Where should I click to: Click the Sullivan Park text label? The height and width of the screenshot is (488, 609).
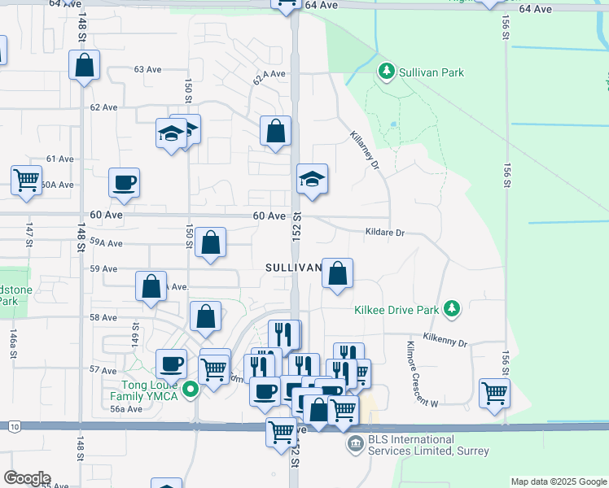coord(432,72)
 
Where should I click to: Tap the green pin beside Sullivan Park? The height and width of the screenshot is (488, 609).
coord(387,72)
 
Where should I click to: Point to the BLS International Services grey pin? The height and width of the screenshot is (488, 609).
coord(355,443)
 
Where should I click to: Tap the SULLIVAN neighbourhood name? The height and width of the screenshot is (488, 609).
coord(291,268)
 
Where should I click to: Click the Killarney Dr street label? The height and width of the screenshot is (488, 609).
coord(366,150)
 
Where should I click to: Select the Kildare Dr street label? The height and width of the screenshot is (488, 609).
coord(384,232)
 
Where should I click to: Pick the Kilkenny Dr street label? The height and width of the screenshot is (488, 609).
coord(445,340)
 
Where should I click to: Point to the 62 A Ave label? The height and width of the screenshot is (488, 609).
coord(268,77)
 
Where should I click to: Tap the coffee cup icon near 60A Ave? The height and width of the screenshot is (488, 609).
coord(124,183)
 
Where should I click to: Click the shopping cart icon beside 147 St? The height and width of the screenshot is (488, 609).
coord(26,179)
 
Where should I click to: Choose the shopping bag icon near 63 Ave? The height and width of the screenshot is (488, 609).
coord(84,66)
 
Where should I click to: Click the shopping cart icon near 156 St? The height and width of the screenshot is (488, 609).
coord(494,394)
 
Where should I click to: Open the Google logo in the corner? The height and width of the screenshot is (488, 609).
coord(26,477)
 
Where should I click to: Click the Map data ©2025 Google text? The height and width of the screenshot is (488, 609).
coord(559,481)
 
